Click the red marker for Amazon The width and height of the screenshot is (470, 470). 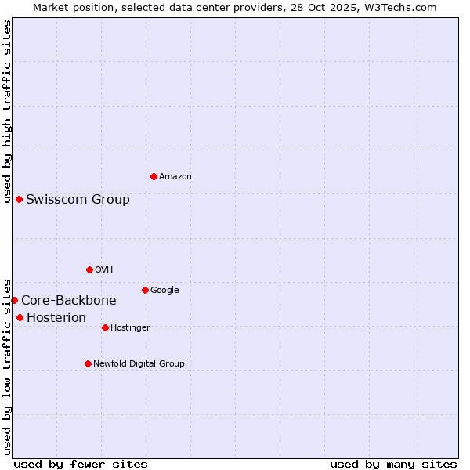tap(154, 176)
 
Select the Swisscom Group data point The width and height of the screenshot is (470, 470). tap(19, 199)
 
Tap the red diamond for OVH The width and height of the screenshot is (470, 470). tap(89, 269)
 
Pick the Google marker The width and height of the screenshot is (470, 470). tap(145, 290)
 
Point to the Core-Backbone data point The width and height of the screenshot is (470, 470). tap(14, 300)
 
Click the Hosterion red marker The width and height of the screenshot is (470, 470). tap(20, 317)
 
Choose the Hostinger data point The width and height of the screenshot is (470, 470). tap(105, 327)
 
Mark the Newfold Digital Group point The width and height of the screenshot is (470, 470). tap(88, 363)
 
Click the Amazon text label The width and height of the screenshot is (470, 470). tap(175, 177)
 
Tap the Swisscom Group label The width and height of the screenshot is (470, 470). tap(78, 199)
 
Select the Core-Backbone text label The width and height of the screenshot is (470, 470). tap(69, 300)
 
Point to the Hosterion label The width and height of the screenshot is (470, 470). tap(56, 317)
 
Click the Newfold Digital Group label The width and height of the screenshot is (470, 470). tap(139, 363)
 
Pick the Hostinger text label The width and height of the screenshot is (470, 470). tap(130, 327)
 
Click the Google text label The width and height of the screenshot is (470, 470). tap(164, 290)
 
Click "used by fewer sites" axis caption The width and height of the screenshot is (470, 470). tap(81, 464)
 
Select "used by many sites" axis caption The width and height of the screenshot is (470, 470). tap(393, 464)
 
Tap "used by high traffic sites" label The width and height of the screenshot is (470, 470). tap(7, 111)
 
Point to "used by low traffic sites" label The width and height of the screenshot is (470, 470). tap(7, 366)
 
